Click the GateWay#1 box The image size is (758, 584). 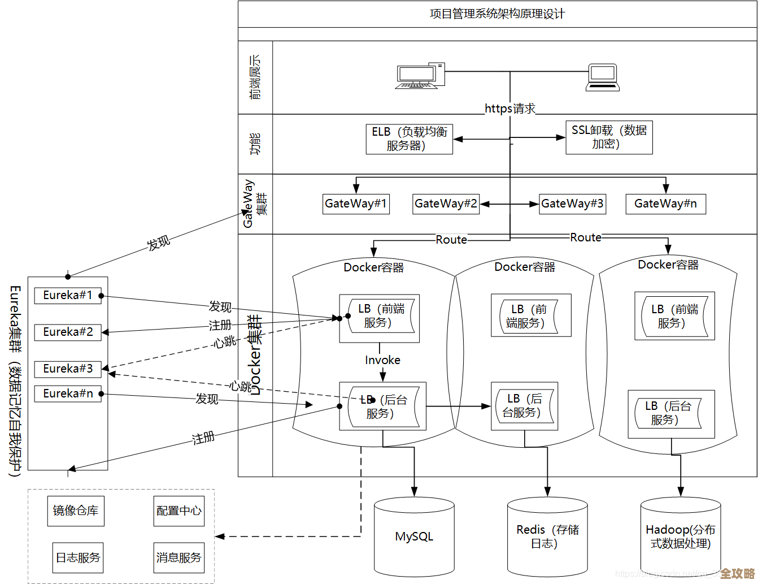(x=356, y=204)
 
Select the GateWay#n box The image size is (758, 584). (x=665, y=204)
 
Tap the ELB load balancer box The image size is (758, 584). (x=409, y=139)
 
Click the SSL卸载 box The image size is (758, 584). (x=609, y=137)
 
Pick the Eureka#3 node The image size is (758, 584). (x=68, y=369)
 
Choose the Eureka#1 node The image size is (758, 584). (x=68, y=295)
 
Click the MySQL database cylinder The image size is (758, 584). (x=414, y=537)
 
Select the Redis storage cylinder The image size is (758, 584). (x=547, y=537)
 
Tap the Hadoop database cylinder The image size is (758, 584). (x=680, y=537)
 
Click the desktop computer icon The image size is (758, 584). (x=420, y=76)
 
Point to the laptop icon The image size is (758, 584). (x=603, y=77)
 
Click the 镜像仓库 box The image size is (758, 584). (x=75, y=511)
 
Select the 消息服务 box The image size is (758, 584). (x=178, y=558)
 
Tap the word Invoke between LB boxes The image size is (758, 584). (x=382, y=360)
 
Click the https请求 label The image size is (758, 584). (x=510, y=109)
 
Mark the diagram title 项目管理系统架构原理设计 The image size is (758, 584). (x=497, y=14)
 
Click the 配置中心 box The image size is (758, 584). (x=178, y=511)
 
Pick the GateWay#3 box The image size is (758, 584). (x=572, y=204)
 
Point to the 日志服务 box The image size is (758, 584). (x=78, y=558)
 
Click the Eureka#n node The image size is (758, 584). (x=68, y=393)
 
